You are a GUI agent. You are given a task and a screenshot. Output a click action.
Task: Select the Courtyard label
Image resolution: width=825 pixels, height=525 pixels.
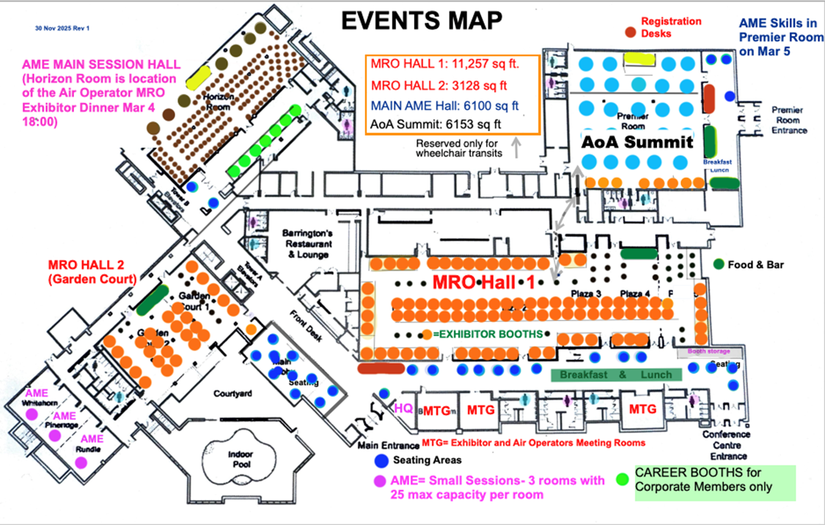pos(233,394)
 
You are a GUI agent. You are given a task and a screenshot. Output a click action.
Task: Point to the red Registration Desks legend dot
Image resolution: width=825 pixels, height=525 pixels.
pos(630,32)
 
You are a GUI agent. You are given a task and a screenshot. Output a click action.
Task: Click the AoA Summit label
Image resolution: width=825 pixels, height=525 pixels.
pos(637,142)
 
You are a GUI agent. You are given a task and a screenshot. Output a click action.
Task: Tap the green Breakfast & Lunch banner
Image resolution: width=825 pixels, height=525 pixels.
pos(616,375)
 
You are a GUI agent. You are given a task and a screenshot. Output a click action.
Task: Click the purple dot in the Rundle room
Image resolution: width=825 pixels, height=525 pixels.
pos(81,462)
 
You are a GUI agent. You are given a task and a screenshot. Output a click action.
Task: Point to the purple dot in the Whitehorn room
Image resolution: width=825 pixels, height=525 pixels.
pos(32,414)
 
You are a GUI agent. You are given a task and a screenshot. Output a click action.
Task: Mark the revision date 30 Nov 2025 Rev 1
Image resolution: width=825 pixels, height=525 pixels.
pos(62,28)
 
